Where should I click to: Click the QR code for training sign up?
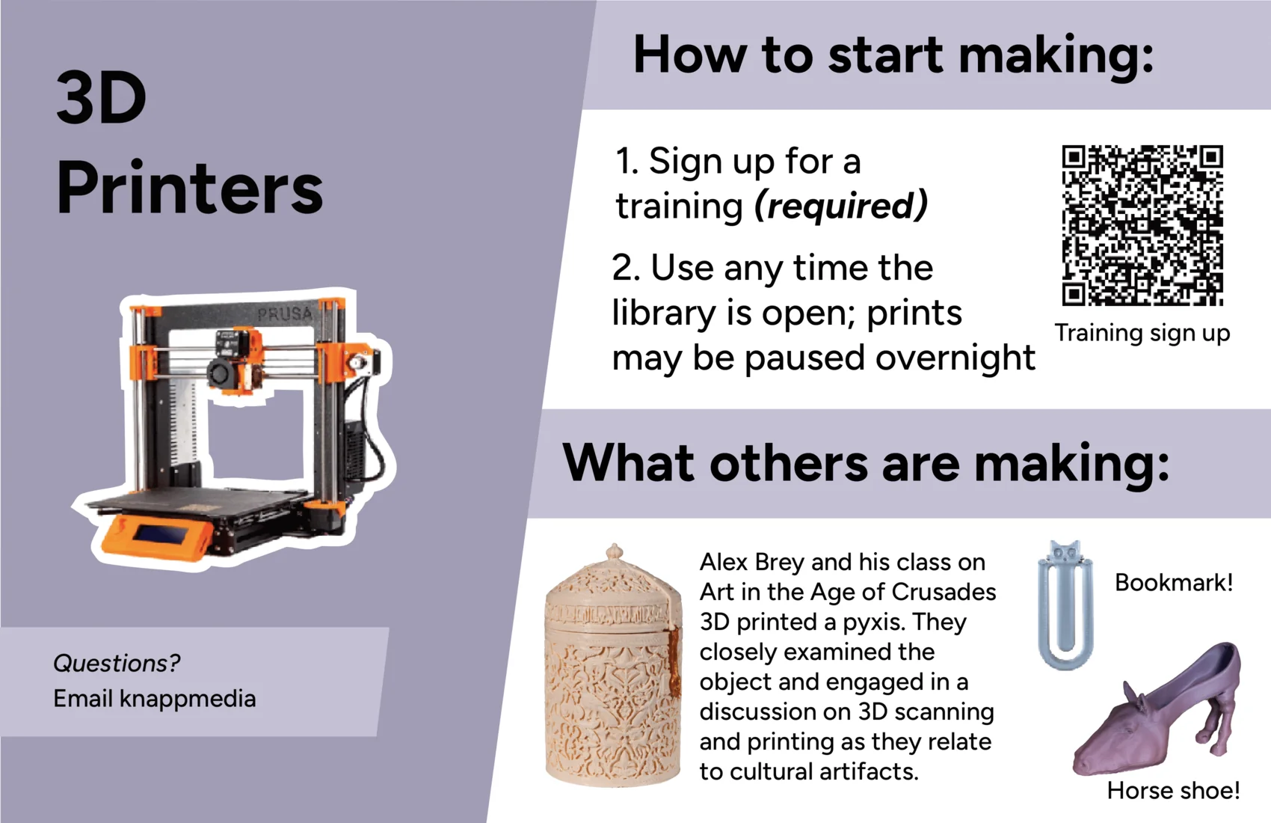tap(1142, 225)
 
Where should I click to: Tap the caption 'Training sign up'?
tap(1142, 334)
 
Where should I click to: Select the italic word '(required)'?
tap(840, 206)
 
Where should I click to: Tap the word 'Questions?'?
tap(117, 663)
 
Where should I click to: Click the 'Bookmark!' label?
tap(1174, 583)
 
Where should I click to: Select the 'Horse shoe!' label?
tap(1173, 791)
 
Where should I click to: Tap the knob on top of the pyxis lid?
tap(614, 551)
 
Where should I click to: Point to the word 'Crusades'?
tap(944, 593)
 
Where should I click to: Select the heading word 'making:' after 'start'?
tap(1056, 55)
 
